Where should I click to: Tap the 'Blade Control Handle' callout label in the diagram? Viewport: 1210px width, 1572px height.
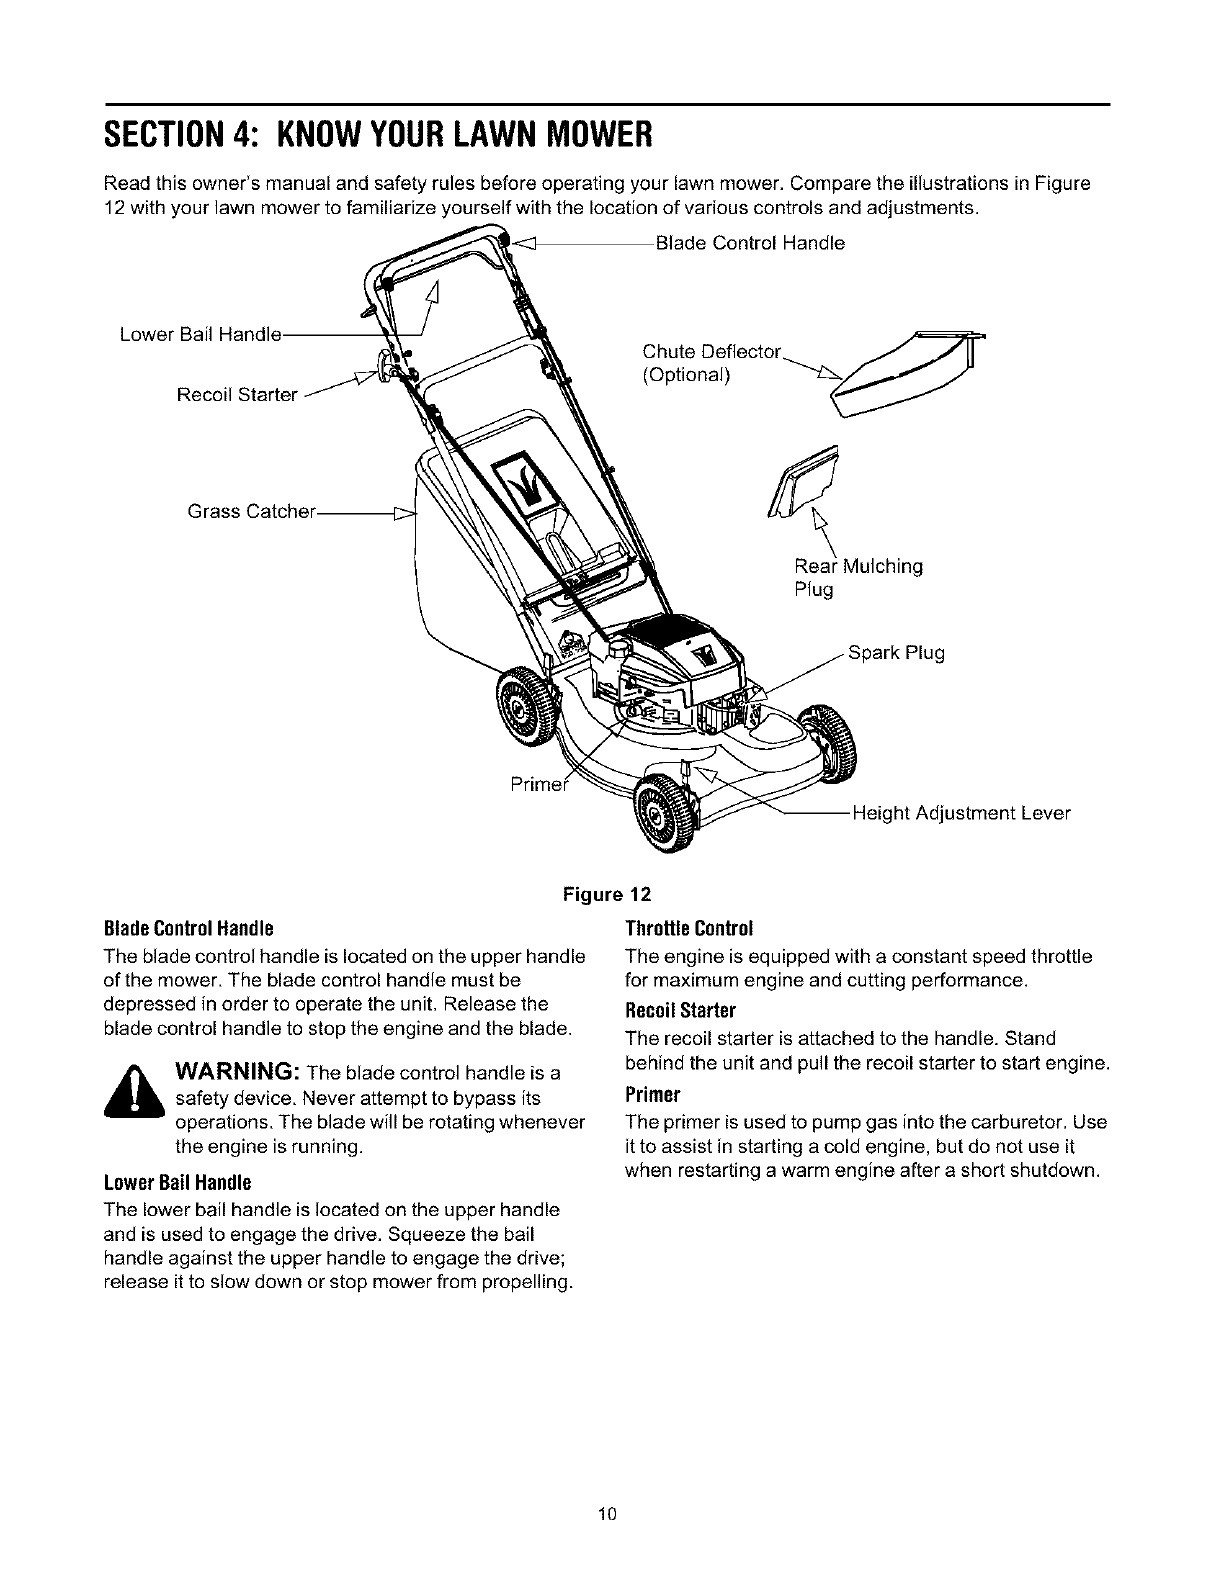749,243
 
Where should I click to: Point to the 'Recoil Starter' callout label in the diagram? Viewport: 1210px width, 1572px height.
237,395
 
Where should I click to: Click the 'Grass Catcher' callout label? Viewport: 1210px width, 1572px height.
251,512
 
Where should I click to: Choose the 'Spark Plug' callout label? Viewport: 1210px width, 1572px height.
896,654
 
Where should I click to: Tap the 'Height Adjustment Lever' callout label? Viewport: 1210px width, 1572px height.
960,813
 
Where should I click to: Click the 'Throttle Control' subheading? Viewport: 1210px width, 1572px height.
688,926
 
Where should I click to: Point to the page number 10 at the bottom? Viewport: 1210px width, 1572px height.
606,1513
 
